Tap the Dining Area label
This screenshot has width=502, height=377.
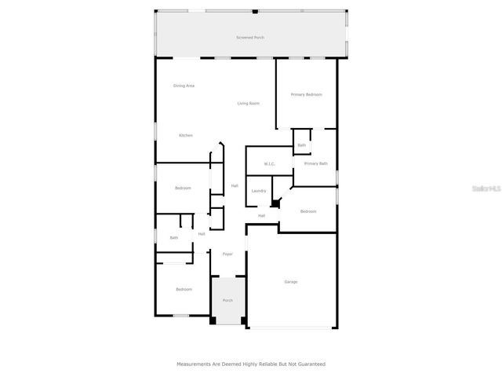[184, 86]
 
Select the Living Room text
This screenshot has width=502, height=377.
[249, 103]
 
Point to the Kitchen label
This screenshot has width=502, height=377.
[185, 135]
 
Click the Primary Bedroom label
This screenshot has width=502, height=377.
[307, 94]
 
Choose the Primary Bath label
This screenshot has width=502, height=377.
[316, 163]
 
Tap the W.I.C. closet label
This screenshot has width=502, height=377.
[269, 164]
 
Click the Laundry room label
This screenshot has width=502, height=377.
[258, 191]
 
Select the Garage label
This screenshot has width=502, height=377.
[290, 281]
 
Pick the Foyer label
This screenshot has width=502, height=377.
[227, 254]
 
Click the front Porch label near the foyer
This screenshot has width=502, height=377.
[227, 300]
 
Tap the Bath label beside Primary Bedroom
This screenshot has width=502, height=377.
[301, 145]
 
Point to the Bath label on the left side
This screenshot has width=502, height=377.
[174, 238]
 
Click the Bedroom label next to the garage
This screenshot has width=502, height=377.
[308, 211]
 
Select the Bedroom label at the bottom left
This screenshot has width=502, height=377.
[184, 289]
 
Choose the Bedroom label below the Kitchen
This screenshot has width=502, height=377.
[183, 188]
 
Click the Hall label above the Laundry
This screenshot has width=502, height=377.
[234, 186]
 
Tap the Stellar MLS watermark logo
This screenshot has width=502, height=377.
[487, 188]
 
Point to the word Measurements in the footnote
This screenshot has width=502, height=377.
[195, 364]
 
